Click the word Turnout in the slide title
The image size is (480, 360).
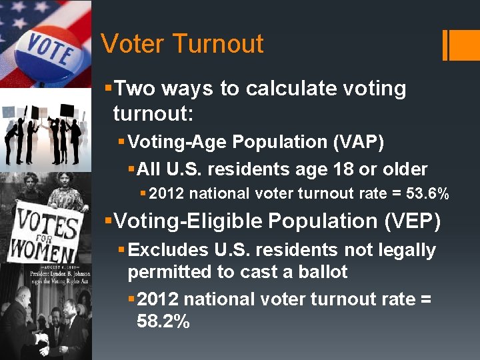click(x=219, y=44)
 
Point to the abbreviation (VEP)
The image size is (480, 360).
click(x=413, y=221)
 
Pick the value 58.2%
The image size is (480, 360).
click(x=163, y=322)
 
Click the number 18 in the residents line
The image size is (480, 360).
click(x=346, y=169)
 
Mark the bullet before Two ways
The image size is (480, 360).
click(x=109, y=87)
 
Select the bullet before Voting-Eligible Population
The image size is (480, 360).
click(x=109, y=219)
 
